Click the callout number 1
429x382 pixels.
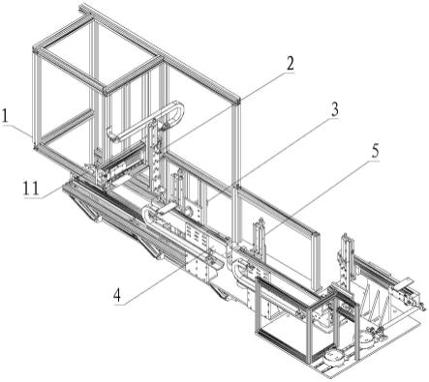(x=5, y=117)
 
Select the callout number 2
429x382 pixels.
(x=290, y=63)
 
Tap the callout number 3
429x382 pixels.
(x=335, y=109)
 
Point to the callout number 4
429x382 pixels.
(x=117, y=295)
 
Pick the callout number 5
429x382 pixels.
(x=375, y=151)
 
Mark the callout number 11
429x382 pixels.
(x=31, y=189)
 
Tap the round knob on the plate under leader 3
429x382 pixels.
(x=188, y=212)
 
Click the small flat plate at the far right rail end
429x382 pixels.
(x=404, y=282)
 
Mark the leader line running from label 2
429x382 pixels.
(x=226, y=108)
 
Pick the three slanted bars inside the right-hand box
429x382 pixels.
(x=376, y=302)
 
